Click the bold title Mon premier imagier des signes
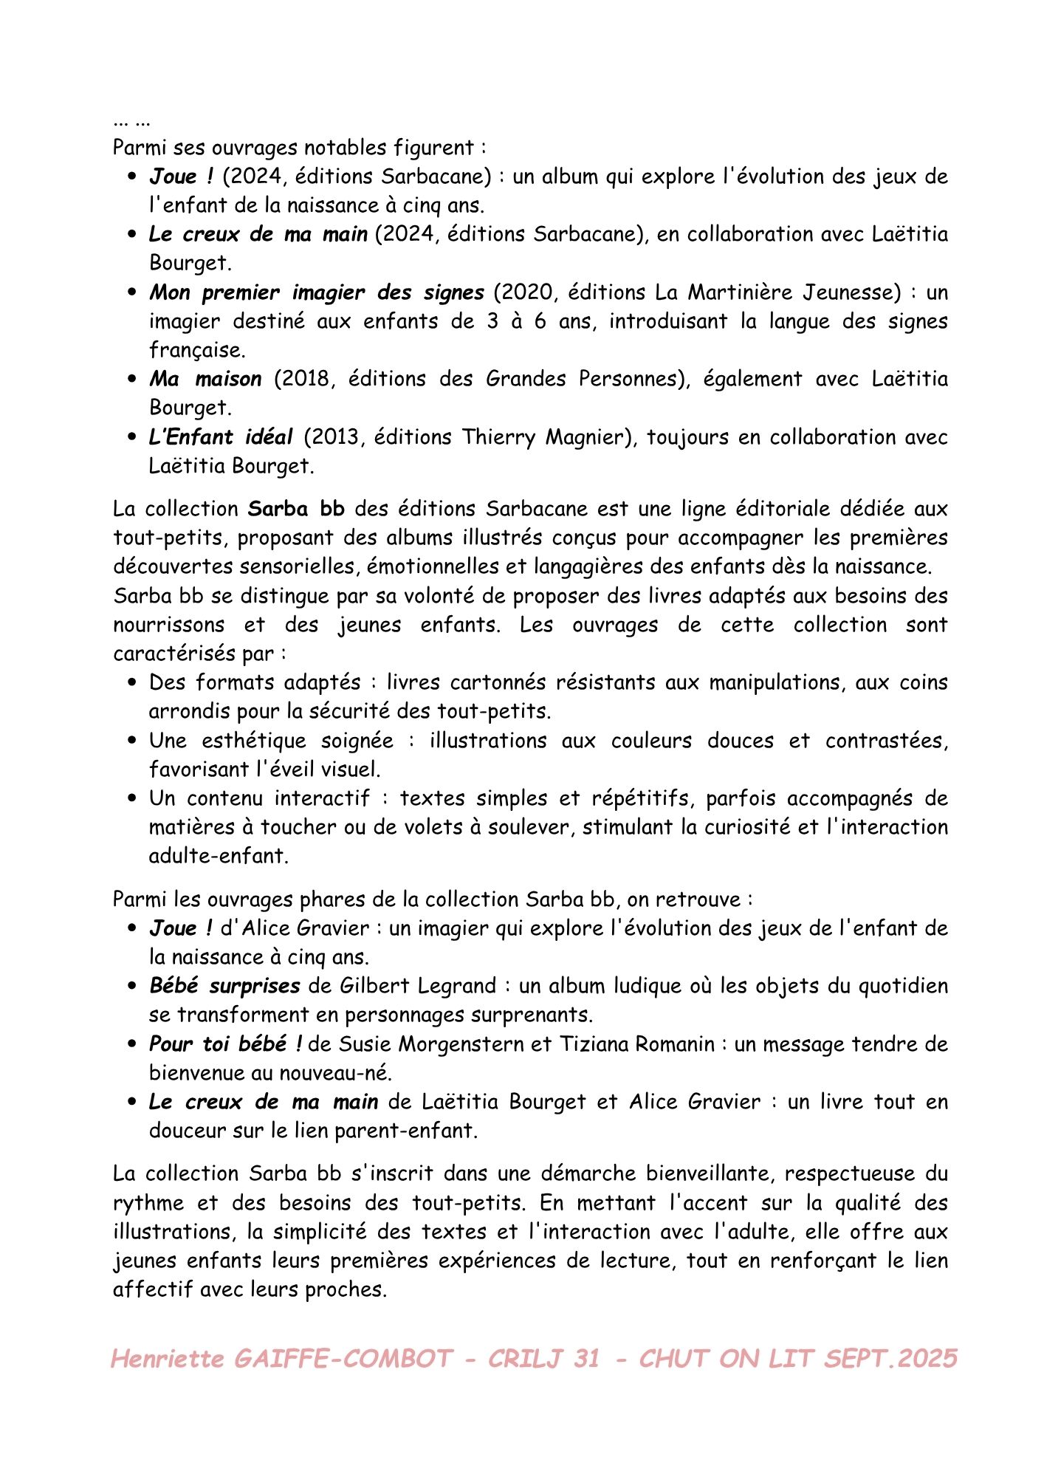click(x=316, y=292)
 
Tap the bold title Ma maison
click(x=205, y=379)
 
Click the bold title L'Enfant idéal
click(x=221, y=437)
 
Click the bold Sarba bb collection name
click(x=296, y=509)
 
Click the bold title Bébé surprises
click(x=224, y=986)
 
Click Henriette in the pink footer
click(x=167, y=1358)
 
